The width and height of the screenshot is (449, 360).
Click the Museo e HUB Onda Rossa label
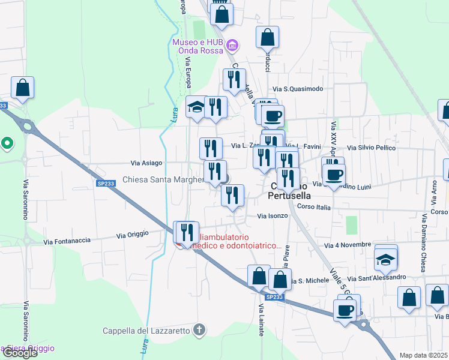click(x=198, y=47)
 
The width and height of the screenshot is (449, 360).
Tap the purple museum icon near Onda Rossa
click(x=234, y=44)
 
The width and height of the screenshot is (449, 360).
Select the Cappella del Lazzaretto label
click(x=146, y=330)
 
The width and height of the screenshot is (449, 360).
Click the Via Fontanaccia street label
click(x=67, y=241)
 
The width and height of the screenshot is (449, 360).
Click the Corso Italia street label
click(x=314, y=207)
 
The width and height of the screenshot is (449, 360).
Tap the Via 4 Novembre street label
click(x=348, y=245)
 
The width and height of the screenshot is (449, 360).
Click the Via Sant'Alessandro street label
click(x=381, y=278)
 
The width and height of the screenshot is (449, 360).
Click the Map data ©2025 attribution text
click(x=423, y=355)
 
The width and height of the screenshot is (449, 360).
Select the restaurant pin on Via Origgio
click(x=186, y=232)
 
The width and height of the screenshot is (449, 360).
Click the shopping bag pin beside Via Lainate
click(x=259, y=277)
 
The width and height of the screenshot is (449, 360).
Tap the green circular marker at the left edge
click(x=7, y=143)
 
